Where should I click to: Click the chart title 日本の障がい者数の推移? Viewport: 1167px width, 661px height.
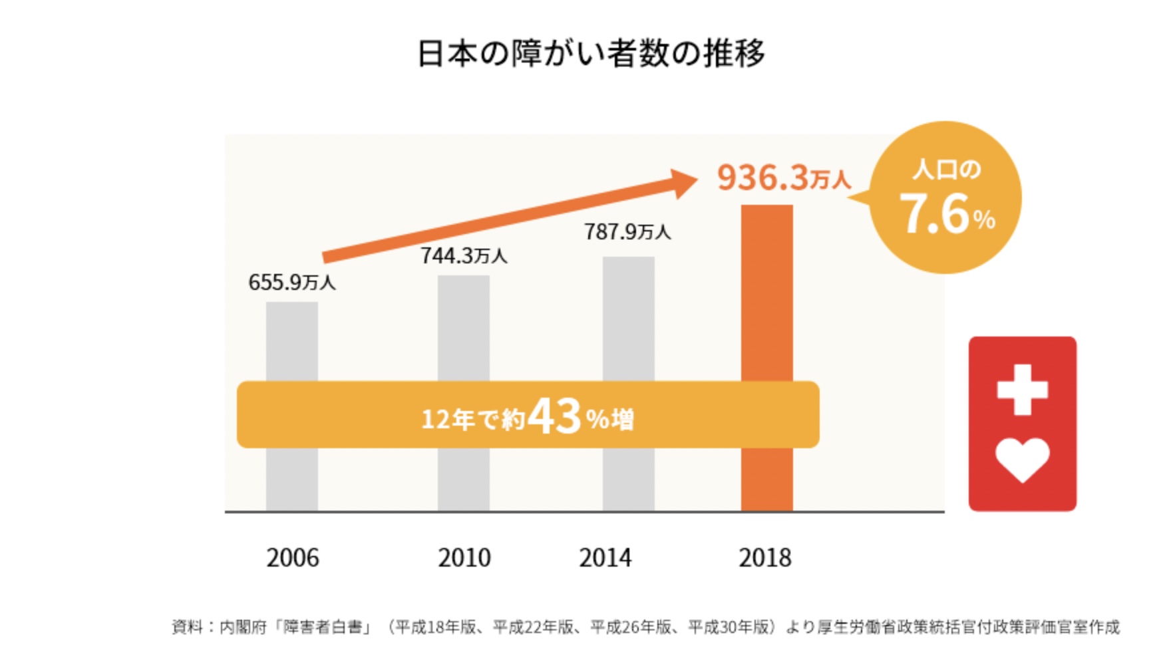tap(590, 53)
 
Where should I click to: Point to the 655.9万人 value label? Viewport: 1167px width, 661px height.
tap(292, 283)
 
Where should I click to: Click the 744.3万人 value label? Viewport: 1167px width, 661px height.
tap(464, 256)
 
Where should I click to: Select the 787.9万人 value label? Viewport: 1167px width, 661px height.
tap(627, 232)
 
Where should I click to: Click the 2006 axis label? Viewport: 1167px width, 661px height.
tap(293, 558)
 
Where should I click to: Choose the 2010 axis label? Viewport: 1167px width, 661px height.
tap(464, 558)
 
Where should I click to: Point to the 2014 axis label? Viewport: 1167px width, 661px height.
tap(605, 558)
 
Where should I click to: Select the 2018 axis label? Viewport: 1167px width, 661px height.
tap(765, 558)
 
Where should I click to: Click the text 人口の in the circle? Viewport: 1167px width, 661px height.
tap(947, 170)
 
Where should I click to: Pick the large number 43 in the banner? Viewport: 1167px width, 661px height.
tap(555, 416)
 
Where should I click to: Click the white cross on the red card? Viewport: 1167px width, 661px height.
tap(1023, 390)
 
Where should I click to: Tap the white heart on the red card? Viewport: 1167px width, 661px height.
tap(1023, 459)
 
